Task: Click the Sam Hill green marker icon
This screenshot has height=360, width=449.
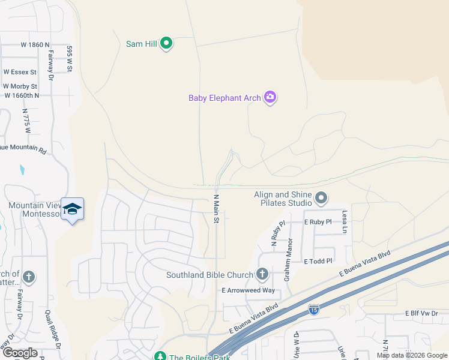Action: [167, 43]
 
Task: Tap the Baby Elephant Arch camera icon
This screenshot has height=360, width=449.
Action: [270, 97]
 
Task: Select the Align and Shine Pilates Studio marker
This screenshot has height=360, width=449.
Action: [321, 197]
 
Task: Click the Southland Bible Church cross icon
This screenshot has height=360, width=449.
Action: [262, 275]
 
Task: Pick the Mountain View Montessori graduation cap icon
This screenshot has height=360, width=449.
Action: [73, 209]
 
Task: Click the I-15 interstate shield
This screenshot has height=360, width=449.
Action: [313, 309]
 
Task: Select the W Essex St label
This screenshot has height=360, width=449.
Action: [20, 72]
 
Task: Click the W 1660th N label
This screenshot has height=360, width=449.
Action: [22, 95]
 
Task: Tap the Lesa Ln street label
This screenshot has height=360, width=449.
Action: [345, 221]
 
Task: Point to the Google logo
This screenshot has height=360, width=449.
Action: [20, 353]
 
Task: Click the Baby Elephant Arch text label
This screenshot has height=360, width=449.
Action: [224, 98]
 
